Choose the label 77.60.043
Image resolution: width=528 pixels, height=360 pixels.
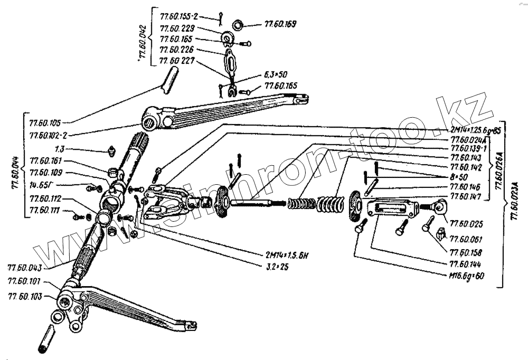(x=25, y=267)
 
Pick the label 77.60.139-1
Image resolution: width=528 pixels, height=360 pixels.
(x=468, y=149)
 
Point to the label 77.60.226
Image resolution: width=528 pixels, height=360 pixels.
(x=177, y=50)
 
